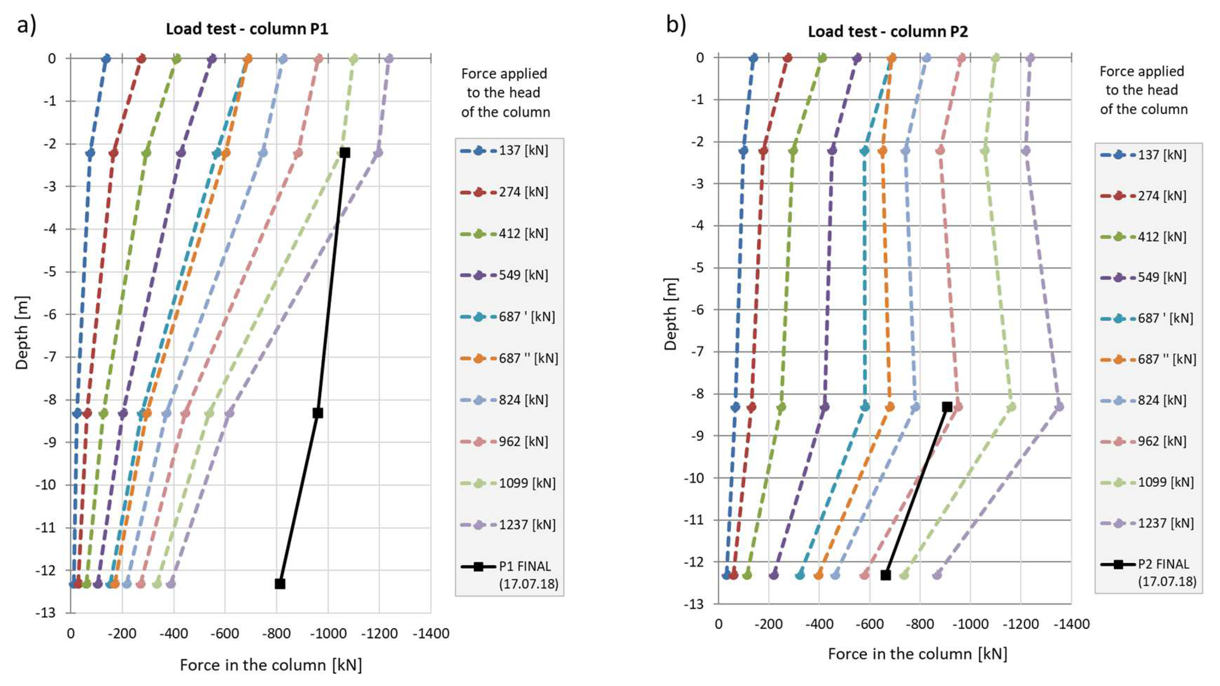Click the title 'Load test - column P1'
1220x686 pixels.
pyautogui.click(x=247, y=29)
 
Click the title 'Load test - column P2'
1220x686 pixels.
pyautogui.click(x=888, y=32)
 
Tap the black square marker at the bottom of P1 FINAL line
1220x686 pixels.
pyautogui.click(x=280, y=584)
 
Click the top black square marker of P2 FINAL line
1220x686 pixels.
pyautogui.click(x=947, y=406)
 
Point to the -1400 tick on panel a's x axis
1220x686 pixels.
pyautogui.click(x=431, y=633)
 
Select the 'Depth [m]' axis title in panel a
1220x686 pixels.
pyautogui.click(x=22, y=333)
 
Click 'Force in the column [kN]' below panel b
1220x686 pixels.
pyautogui.click(x=917, y=654)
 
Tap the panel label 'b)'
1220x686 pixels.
pyautogui.click(x=676, y=24)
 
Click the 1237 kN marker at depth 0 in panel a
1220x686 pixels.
pyautogui.click(x=389, y=59)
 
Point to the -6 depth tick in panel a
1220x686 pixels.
pyautogui.click(x=50, y=314)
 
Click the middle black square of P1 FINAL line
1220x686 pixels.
pyautogui.click(x=318, y=413)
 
